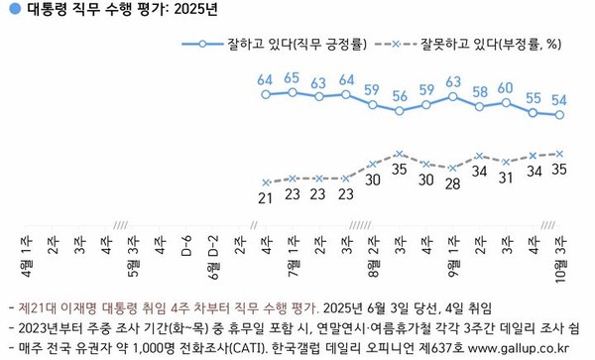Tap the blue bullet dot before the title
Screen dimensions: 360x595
coord(10,10)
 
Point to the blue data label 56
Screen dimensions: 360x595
coord(400,96)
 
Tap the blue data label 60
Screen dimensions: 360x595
coord(506,87)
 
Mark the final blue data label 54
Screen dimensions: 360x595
coord(560,99)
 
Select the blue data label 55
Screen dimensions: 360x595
coord(534,97)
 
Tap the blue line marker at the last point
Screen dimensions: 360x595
coord(560,115)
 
